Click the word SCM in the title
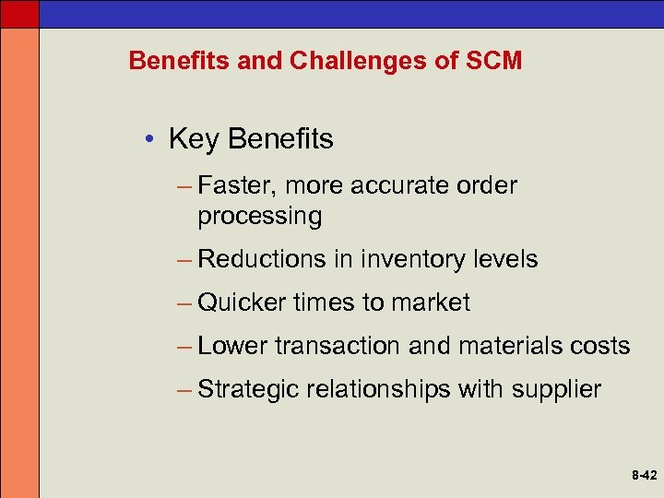point(494,61)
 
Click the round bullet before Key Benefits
point(148,140)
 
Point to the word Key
point(194,140)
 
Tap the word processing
point(259,217)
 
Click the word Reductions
point(262,259)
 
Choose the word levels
point(503,259)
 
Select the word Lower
point(232,346)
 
